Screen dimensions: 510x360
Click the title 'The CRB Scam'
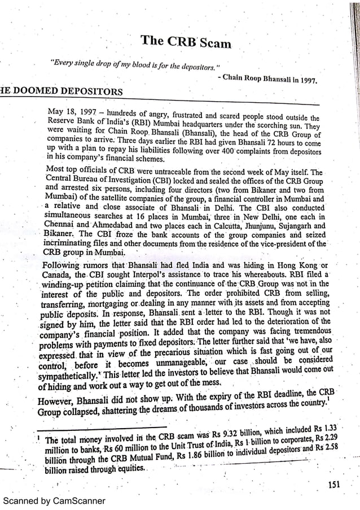tap(186, 41)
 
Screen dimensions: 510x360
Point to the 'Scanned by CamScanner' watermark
tap(54, 500)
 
